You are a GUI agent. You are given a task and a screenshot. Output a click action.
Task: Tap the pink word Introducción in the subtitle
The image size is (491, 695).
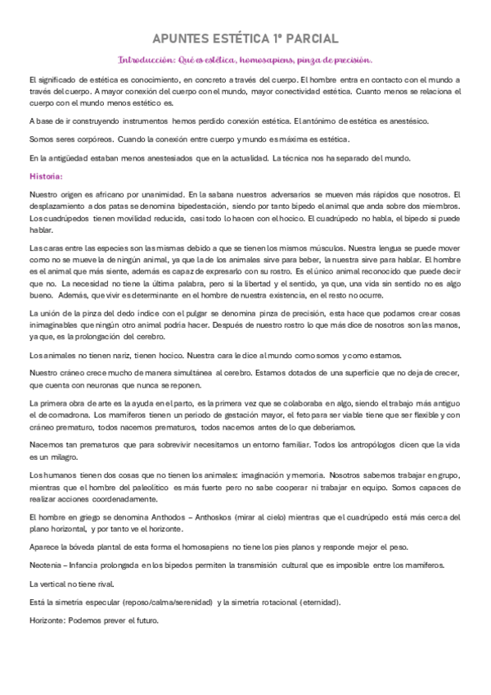(x=146, y=60)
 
